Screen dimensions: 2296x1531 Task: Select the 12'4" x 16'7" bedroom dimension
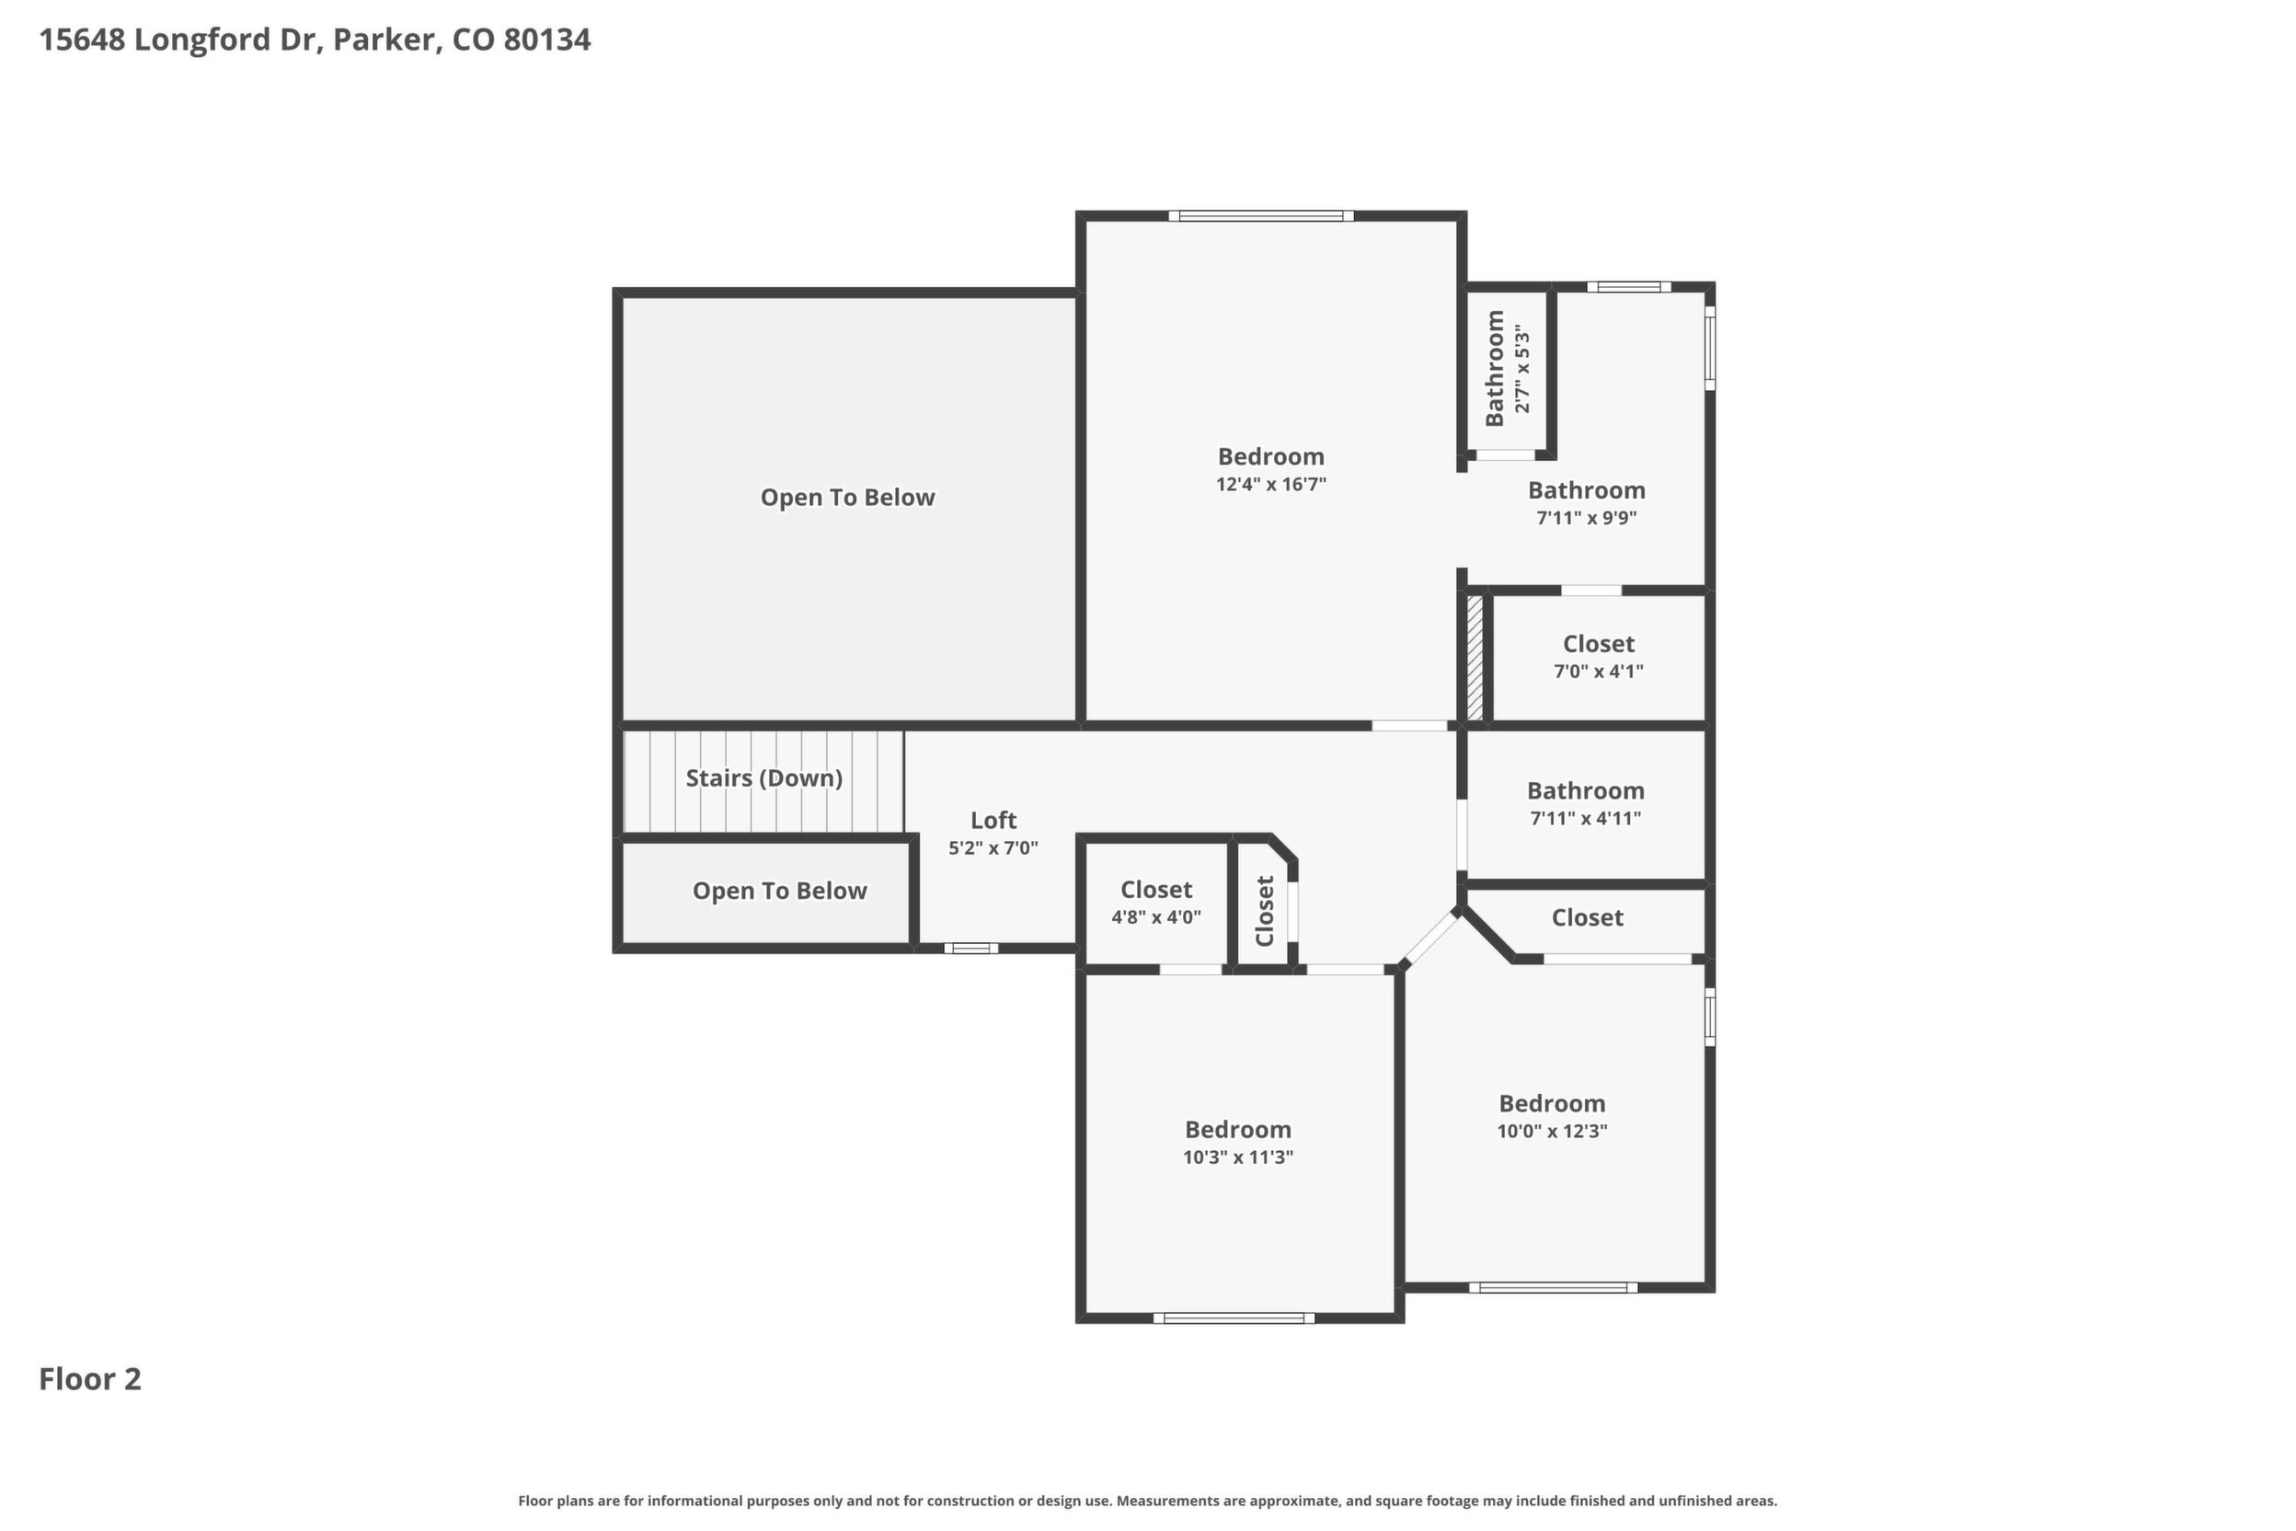1271,484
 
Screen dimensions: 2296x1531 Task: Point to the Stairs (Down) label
764,778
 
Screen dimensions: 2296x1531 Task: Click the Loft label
993,820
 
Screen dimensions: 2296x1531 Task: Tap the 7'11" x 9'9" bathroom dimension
1586,517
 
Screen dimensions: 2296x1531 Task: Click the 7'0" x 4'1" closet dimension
1599,671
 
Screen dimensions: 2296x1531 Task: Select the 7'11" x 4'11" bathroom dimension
1585,818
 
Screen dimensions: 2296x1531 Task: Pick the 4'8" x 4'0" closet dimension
1155,916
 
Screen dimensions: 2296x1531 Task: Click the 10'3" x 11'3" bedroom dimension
1238,1157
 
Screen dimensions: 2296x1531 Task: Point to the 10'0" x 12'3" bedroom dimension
1552,1131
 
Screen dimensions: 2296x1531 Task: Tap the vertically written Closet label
1265,911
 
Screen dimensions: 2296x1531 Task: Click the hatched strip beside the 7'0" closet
1475,659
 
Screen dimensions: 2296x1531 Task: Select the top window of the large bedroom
1261,216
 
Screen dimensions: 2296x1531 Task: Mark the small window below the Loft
971,948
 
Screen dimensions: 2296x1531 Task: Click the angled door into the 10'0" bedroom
1431,938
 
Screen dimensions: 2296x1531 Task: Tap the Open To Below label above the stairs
848,497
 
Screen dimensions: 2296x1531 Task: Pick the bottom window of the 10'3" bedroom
1234,1318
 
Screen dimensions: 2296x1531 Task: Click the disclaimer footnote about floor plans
1148,1501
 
